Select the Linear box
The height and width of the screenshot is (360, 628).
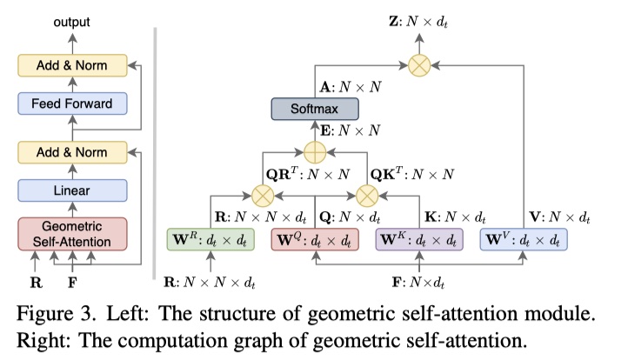tap(73, 189)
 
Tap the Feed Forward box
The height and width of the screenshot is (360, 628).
tap(73, 103)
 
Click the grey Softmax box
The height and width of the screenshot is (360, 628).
tap(314, 110)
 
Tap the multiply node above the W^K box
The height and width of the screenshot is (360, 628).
tap(369, 193)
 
